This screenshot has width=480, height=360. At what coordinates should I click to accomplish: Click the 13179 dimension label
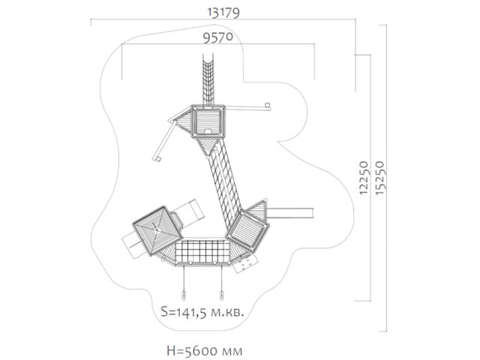pos(223,12)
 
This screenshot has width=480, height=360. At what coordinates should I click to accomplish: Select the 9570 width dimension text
pos(218,37)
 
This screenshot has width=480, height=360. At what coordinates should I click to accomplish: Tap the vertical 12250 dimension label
pos(363,178)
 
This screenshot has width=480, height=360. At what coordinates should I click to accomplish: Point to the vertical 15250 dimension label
pos(379,178)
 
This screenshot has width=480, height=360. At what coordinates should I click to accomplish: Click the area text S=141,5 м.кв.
pos(202,312)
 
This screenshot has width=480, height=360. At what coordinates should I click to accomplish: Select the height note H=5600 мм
pos(205,350)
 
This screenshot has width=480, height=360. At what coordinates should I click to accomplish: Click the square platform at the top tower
pos(208,121)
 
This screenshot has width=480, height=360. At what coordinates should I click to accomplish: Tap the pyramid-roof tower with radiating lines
pos(157,231)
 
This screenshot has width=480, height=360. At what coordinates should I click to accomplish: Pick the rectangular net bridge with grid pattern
pos(202,252)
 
